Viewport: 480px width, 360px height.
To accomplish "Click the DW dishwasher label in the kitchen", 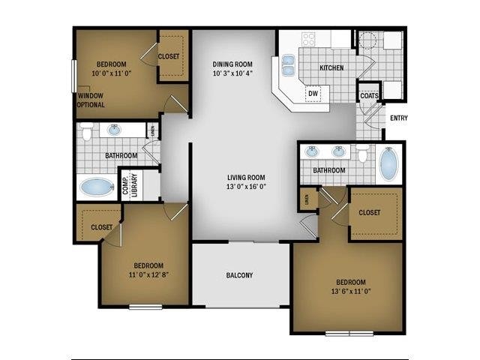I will (x=313, y=93).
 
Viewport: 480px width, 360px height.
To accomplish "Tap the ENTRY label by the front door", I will (x=398, y=118).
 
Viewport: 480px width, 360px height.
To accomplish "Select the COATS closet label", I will (x=368, y=96).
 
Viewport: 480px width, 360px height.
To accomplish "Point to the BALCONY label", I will (x=239, y=275).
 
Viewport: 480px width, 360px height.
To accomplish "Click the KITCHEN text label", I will (x=331, y=68).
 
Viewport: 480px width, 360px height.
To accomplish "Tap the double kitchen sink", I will (x=288, y=67).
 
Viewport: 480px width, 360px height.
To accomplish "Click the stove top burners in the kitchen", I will (x=308, y=38).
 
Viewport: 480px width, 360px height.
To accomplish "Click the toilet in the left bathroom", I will (x=87, y=133).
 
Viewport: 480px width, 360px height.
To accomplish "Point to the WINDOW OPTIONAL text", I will (x=91, y=100).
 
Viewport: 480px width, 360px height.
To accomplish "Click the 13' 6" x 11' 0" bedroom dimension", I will (x=347, y=292).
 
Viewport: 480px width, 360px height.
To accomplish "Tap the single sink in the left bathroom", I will (x=114, y=130).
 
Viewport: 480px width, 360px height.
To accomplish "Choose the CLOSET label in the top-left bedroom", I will (x=169, y=56).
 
